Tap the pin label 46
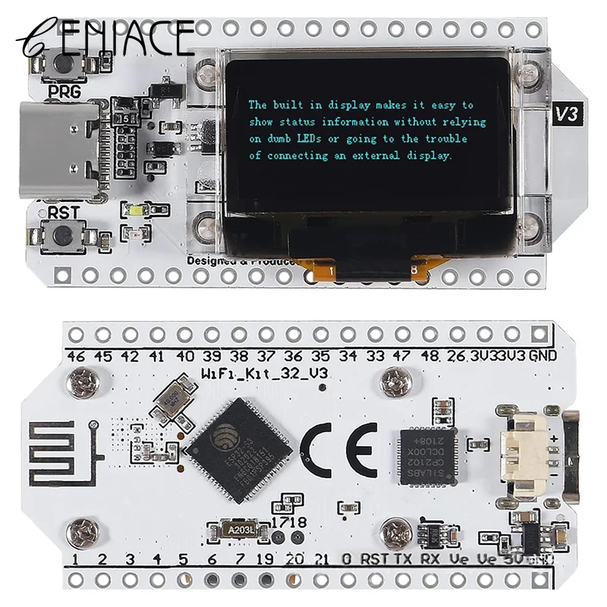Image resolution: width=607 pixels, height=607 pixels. [x=76, y=356]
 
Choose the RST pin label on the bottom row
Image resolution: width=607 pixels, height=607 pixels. [x=376, y=560]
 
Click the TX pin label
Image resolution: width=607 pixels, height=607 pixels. [x=404, y=560]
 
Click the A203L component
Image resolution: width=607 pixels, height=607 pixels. [x=236, y=528]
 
